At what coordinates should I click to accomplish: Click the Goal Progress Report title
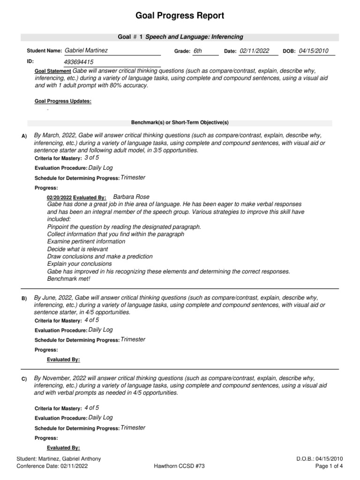click(180, 16)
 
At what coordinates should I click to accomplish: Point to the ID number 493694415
click(78, 62)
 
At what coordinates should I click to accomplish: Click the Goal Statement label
click(53, 71)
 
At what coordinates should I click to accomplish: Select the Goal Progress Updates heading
click(63, 101)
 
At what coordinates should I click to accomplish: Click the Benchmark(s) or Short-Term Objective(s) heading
click(180, 123)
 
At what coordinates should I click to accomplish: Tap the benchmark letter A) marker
click(25, 136)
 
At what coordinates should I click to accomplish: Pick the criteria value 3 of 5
click(92, 158)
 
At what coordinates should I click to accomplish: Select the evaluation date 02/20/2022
click(59, 198)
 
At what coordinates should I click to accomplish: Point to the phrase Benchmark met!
click(68, 278)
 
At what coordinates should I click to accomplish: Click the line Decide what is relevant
click(77, 249)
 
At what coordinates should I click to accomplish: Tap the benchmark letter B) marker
click(24, 299)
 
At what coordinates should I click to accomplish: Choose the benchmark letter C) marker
click(24, 379)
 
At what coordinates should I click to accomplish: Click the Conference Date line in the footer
click(52, 466)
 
